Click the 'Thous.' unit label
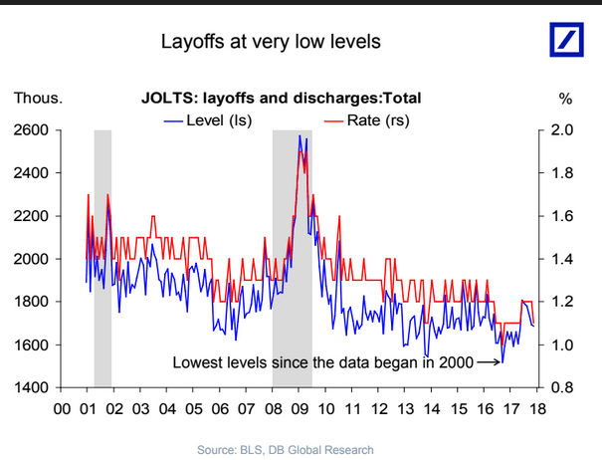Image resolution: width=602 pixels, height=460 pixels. point(38,98)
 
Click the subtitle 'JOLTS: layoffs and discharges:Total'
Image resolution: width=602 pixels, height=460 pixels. point(280,98)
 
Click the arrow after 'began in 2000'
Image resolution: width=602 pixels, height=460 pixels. point(489,362)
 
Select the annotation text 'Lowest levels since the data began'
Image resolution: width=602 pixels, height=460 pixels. point(299,362)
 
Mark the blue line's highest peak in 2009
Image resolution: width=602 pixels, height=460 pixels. point(299,135)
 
